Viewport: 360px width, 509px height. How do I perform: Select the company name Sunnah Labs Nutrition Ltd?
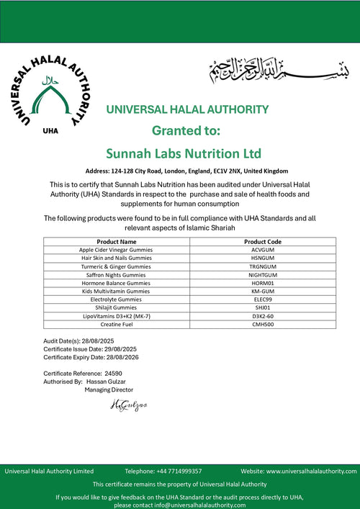coord(183,153)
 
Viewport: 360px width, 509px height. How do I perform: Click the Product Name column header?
coord(116,242)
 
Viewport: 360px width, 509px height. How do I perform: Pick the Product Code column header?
coord(263,242)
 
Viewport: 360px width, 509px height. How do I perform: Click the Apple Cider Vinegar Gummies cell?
coord(116,250)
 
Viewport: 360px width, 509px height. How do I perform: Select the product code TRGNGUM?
coord(263,266)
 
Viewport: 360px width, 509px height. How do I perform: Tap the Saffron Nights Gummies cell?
coord(116,275)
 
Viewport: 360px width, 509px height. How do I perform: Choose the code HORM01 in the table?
coord(263,283)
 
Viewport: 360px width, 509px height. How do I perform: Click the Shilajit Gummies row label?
coord(116,307)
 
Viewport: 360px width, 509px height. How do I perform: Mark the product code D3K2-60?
coord(263,316)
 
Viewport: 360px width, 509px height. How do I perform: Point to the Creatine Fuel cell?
coord(116,325)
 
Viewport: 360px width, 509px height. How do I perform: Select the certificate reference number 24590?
coord(113,374)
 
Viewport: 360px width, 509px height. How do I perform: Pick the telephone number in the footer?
coord(174,471)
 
